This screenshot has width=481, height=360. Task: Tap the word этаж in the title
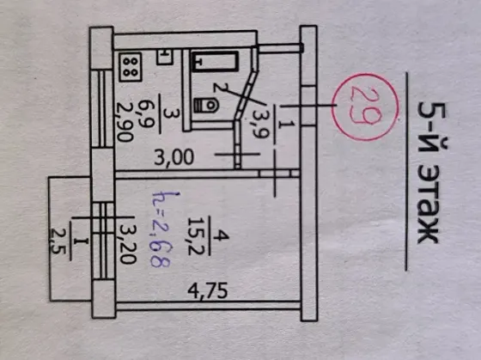(x=429, y=204)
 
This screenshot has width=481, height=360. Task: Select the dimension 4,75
(x=208, y=291)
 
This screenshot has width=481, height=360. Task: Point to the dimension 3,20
(x=128, y=244)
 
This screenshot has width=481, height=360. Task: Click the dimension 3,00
(x=174, y=157)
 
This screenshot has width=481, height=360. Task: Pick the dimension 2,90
(x=125, y=122)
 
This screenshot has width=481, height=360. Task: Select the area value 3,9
(x=260, y=124)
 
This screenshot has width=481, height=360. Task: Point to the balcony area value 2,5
(x=58, y=241)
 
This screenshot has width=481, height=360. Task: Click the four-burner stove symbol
(x=131, y=67)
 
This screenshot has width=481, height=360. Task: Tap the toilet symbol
(x=206, y=106)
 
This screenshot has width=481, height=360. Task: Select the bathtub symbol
(x=216, y=61)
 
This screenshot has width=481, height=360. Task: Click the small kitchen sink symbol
(x=165, y=57)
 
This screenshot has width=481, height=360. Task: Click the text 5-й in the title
(x=431, y=125)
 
